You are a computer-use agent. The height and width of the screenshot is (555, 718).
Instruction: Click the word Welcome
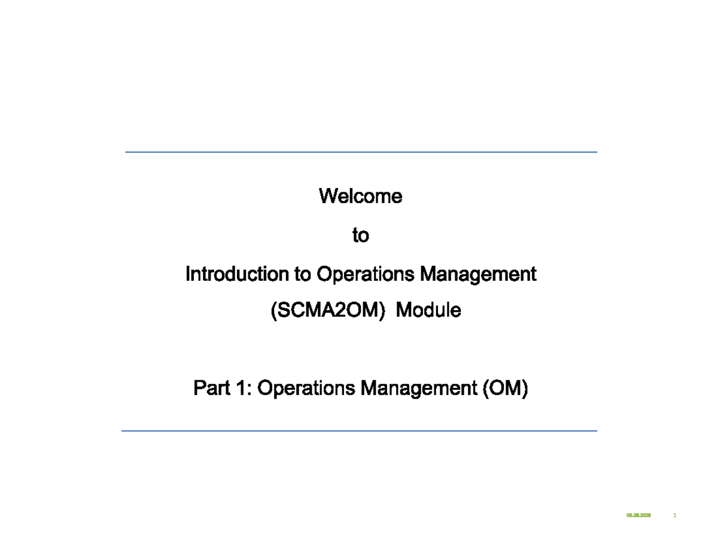[360, 196]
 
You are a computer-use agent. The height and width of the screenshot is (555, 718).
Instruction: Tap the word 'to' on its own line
[360, 236]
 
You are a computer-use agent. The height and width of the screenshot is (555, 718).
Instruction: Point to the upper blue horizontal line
[361, 152]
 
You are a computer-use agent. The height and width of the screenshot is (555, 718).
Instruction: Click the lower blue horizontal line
[359, 430]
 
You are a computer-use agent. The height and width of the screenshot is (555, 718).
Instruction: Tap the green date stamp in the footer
[638, 515]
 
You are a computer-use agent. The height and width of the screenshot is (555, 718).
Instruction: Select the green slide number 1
[675, 515]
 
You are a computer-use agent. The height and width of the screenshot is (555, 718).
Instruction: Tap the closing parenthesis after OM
[526, 390]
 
